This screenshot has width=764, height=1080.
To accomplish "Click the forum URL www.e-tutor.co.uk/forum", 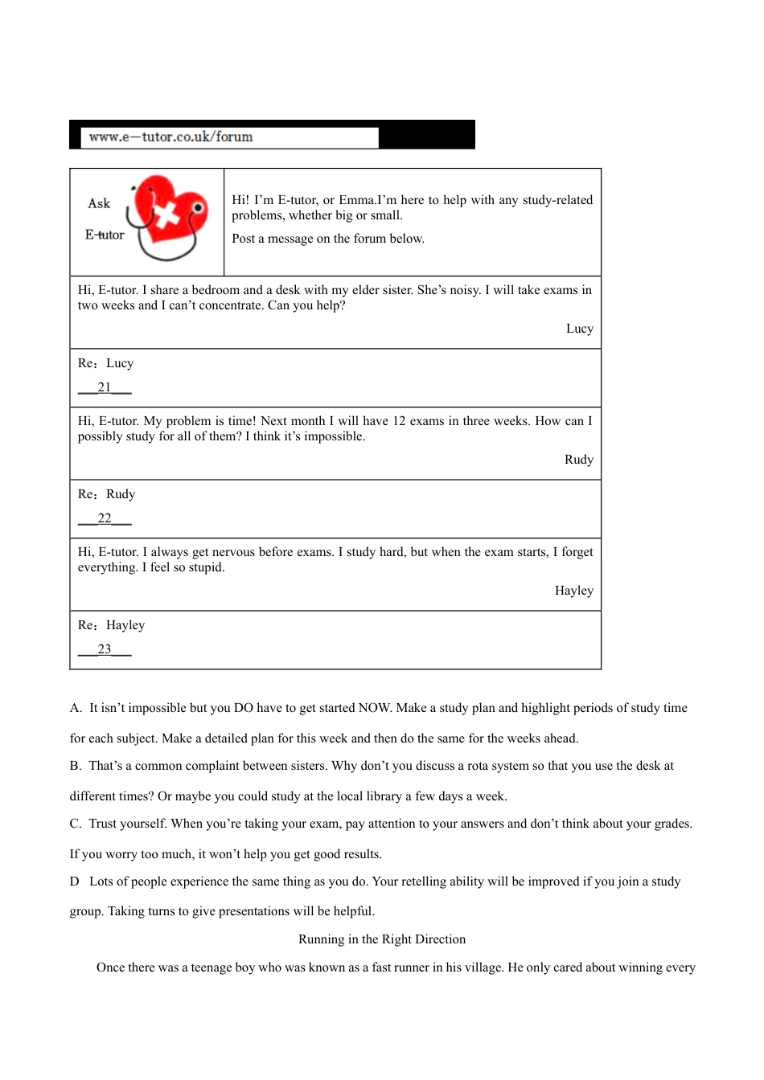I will [170, 137].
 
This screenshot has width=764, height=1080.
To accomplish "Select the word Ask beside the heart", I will [99, 203].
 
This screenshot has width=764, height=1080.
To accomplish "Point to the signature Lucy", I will [579, 329].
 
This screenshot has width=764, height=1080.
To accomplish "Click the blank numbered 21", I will [105, 387].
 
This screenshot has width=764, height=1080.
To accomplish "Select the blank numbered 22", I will [105, 518].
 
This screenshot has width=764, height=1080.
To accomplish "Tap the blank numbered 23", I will [105, 649].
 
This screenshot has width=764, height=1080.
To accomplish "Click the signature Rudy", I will [578, 460].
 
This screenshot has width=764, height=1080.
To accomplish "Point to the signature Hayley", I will [573, 591].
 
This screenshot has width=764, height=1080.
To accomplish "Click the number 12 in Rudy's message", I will [399, 421].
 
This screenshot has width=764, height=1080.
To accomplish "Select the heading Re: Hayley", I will [111, 625].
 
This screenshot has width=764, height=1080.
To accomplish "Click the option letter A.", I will [76, 708].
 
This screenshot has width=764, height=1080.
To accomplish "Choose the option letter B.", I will [76, 766].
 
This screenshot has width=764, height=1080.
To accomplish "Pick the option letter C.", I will [76, 824].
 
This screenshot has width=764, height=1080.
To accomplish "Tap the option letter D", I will [75, 882].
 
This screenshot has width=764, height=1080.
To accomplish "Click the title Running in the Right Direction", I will [382, 939].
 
